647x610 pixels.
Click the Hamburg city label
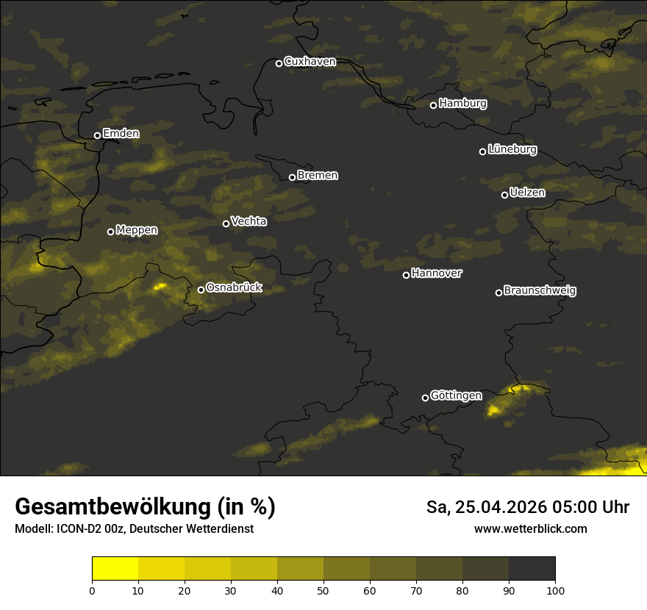462,104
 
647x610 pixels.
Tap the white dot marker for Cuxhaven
279,63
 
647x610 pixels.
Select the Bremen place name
318,176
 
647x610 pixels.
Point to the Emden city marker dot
97,135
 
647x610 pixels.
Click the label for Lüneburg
512,150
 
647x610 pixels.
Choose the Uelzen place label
527,193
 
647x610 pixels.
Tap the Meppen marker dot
110,232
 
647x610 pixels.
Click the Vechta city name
249,221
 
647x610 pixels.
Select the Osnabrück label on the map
234,288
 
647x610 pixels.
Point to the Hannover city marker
406,275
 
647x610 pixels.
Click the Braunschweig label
540,291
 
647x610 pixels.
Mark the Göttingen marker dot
425,398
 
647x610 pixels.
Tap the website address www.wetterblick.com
531,529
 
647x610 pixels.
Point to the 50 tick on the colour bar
323,589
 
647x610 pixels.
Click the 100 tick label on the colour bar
555,589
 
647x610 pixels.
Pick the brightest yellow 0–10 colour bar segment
115,569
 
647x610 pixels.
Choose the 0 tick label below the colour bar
92,589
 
